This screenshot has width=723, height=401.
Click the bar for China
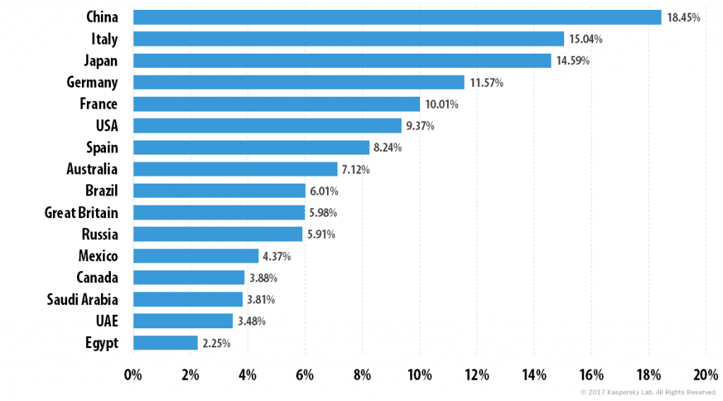(x=398, y=18)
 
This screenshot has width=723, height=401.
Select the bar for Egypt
(x=165, y=343)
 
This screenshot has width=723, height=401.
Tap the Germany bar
(x=299, y=83)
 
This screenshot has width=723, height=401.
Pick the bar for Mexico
(x=196, y=256)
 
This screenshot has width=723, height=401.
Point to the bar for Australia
(x=235, y=169)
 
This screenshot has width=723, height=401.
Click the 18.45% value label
(x=683, y=18)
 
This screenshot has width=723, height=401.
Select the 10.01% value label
(x=442, y=104)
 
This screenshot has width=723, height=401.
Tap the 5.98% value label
(x=323, y=213)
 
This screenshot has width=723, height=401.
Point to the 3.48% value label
(x=252, y=321)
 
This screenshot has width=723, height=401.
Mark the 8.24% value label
(x=388, y=148)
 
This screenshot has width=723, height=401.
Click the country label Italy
(x=104, y=39)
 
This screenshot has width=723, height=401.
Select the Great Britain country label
(x=81, y=213)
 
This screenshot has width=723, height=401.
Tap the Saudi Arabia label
(x=83, y=299)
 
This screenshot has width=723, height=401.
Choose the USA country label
(x=107, y=126)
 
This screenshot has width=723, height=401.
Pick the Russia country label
(x=100, y=234)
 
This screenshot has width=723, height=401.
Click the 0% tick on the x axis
(x=133, y=375)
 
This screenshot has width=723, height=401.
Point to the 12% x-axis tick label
(x=477, y=375)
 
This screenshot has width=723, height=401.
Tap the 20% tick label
(x=706, y=375)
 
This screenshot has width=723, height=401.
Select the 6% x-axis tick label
(x=305, y=375)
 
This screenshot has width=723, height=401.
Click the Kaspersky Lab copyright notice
(x=648, y=393)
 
